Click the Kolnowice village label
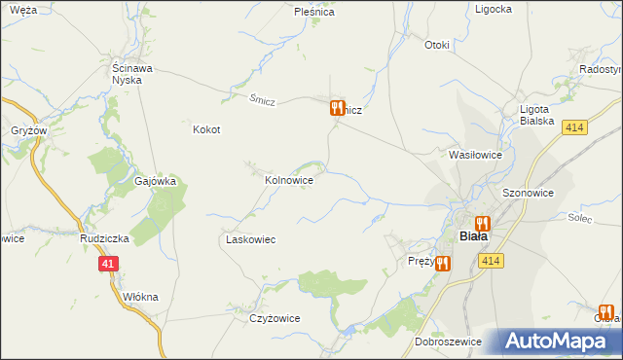[x=289, y=180]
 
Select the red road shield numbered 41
[x=108, y=264]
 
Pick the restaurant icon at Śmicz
[x=337, y=108]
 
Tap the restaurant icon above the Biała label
[x=481, y=223]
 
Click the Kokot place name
[x=206, y=129]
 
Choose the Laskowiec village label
[x=251, y=239]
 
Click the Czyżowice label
[x=275, y=318]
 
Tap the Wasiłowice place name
[x=474, y=155]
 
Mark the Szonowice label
[x=528, y=193]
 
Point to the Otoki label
[x=437, y=45]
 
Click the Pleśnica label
[x=314, y=13]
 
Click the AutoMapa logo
[x=558, y=342]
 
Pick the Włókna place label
[x=141, y=297]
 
